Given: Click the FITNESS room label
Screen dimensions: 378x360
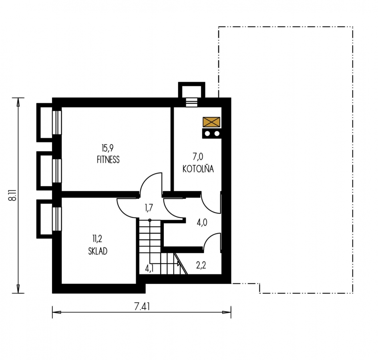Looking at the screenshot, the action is pos(108,160).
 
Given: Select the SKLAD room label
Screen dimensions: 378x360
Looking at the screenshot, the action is pos(98,251).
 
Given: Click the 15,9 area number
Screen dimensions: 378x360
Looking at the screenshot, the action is pos(108,148).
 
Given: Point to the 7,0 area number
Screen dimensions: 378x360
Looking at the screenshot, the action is pos(198,157).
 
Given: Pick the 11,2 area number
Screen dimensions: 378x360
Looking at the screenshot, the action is pos(97,239).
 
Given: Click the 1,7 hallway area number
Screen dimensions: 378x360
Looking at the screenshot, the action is pos(149,208).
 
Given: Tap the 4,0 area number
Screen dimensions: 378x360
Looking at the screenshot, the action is pos(202,223).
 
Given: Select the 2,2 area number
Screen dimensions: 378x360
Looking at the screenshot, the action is pos(201,265).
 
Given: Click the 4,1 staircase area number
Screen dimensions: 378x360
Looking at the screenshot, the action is pos(149,268).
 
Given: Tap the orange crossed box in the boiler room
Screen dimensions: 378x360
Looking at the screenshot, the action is pos(211,122).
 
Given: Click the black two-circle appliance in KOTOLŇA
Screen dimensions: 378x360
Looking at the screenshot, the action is pos(212,134).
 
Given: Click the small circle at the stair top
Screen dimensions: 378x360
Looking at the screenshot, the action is pos(150,220).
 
